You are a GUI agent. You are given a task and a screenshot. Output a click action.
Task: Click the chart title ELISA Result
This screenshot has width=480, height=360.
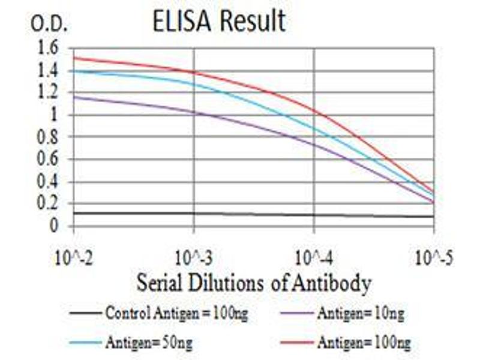coord(220,22)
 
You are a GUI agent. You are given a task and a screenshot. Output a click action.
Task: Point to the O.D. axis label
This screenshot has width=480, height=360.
coord(50,25)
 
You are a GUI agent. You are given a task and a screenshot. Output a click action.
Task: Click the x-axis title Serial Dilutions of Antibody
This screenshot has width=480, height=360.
coord(253,282)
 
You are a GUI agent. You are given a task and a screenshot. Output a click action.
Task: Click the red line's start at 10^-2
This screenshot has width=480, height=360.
coord(74,58)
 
